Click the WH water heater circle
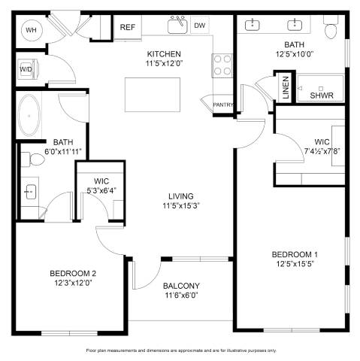click(x=31, y=30)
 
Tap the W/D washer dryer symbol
click(x=28, y=69)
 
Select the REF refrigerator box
click(x=128, y=27)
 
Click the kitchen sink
click(x=177, y=25)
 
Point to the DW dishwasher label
click(x=200, y=26)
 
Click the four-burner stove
click(x=222, y=65)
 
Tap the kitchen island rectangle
click(x=153, y=95)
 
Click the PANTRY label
click(x=223, y=105)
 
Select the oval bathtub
click(x=29, y=116)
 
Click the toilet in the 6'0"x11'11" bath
click(x=33, y=159)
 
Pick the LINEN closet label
click(x=286, y=87)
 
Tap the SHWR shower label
click(x=322, y=96)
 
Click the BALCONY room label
click(x=181, y=286)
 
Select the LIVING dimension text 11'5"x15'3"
click(x=181, y=206)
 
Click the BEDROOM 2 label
click(x=73, y=273)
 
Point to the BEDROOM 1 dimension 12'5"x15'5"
click(x=295, y=264)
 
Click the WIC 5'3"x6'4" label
click(x=101, y=186)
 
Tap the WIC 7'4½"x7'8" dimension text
click(x=322, y=151)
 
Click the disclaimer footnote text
click(x=181, y=350)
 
